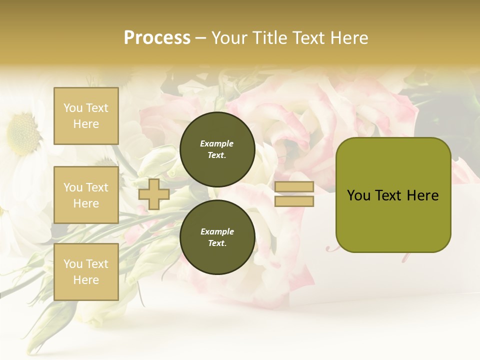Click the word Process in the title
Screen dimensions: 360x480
point(157,38)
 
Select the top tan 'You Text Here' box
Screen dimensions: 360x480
point(86,116)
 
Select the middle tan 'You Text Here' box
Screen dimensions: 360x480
point(86,195)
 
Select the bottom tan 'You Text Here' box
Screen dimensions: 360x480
point(86,272)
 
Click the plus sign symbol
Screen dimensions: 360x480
point(153,194)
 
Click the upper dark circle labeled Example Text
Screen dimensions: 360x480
point(217,149)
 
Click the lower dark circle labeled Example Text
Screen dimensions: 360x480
point(217,237)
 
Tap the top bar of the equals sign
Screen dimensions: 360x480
point(294,187)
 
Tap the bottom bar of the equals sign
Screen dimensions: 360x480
point(294,201)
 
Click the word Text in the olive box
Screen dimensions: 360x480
point(388,195)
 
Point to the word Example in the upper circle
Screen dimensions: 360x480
point(217,143)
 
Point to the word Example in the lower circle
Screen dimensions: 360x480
point(217,231)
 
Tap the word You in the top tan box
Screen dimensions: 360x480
point(73,108)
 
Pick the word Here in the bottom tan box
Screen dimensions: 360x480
point(86,280)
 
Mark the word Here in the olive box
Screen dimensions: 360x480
point(423,195)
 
